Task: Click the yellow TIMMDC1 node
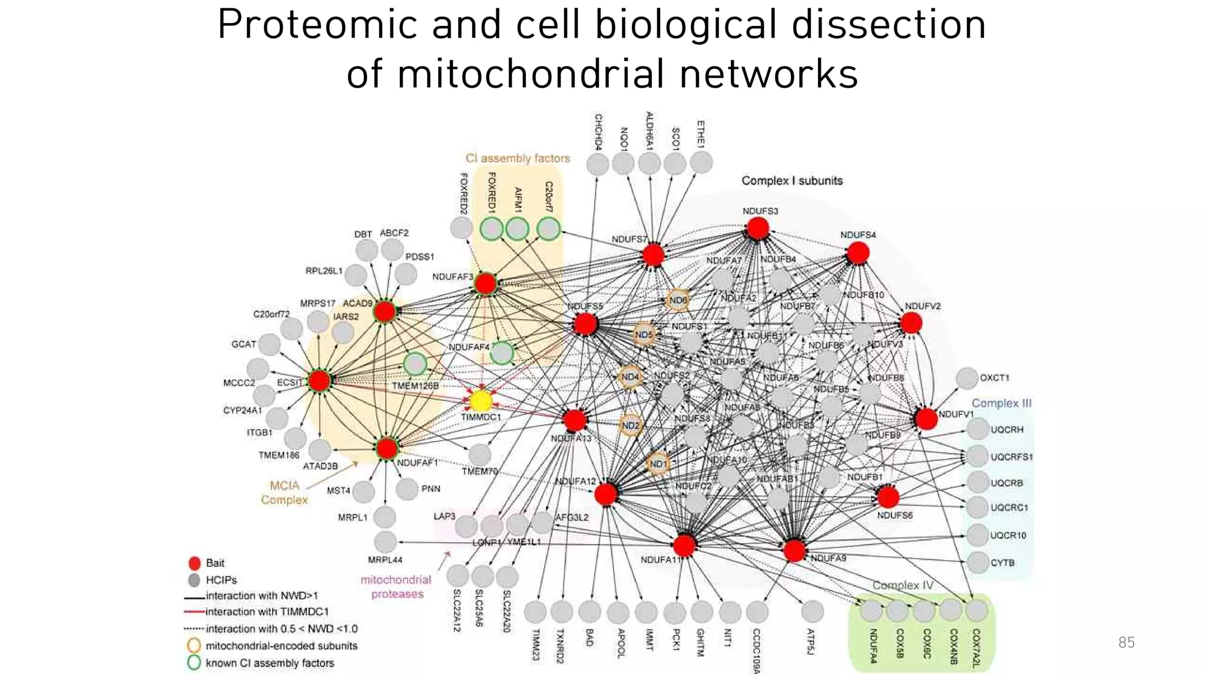pyautogui.click(x=481, y=401)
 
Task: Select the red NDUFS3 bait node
pyautogui.click(x=758, y=228)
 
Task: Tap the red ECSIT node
pyautogui.click(x=320, y=380)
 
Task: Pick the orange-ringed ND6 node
pyautogui.click(x=678, y=300)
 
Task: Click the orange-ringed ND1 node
pyautogui.click(x=658, y=463)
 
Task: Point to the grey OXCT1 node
pyautogui.click(x=966, y=378)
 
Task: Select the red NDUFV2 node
pyautogui.click(x=911, y=323)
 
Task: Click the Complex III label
pyautogui.click(x=1001, y=403)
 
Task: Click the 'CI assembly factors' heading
pyautogui.click(x=518, y=158)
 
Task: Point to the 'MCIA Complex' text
pyautogui.click(x=284, y=493)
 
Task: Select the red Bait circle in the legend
pyautogui.click(x=194, y=563)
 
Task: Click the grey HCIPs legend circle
pyautogui.click(x=194, y=580)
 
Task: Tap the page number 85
pyautogui.click(x=1126, y=642)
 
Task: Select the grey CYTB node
pyautogui.click(x=978, y=562)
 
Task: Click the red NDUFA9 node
pyautogui.click(x=794, y=550)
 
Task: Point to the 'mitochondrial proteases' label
pyautogui.click(x=396, y=587)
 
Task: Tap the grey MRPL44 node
pyautogui.click(x=385, y=542)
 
